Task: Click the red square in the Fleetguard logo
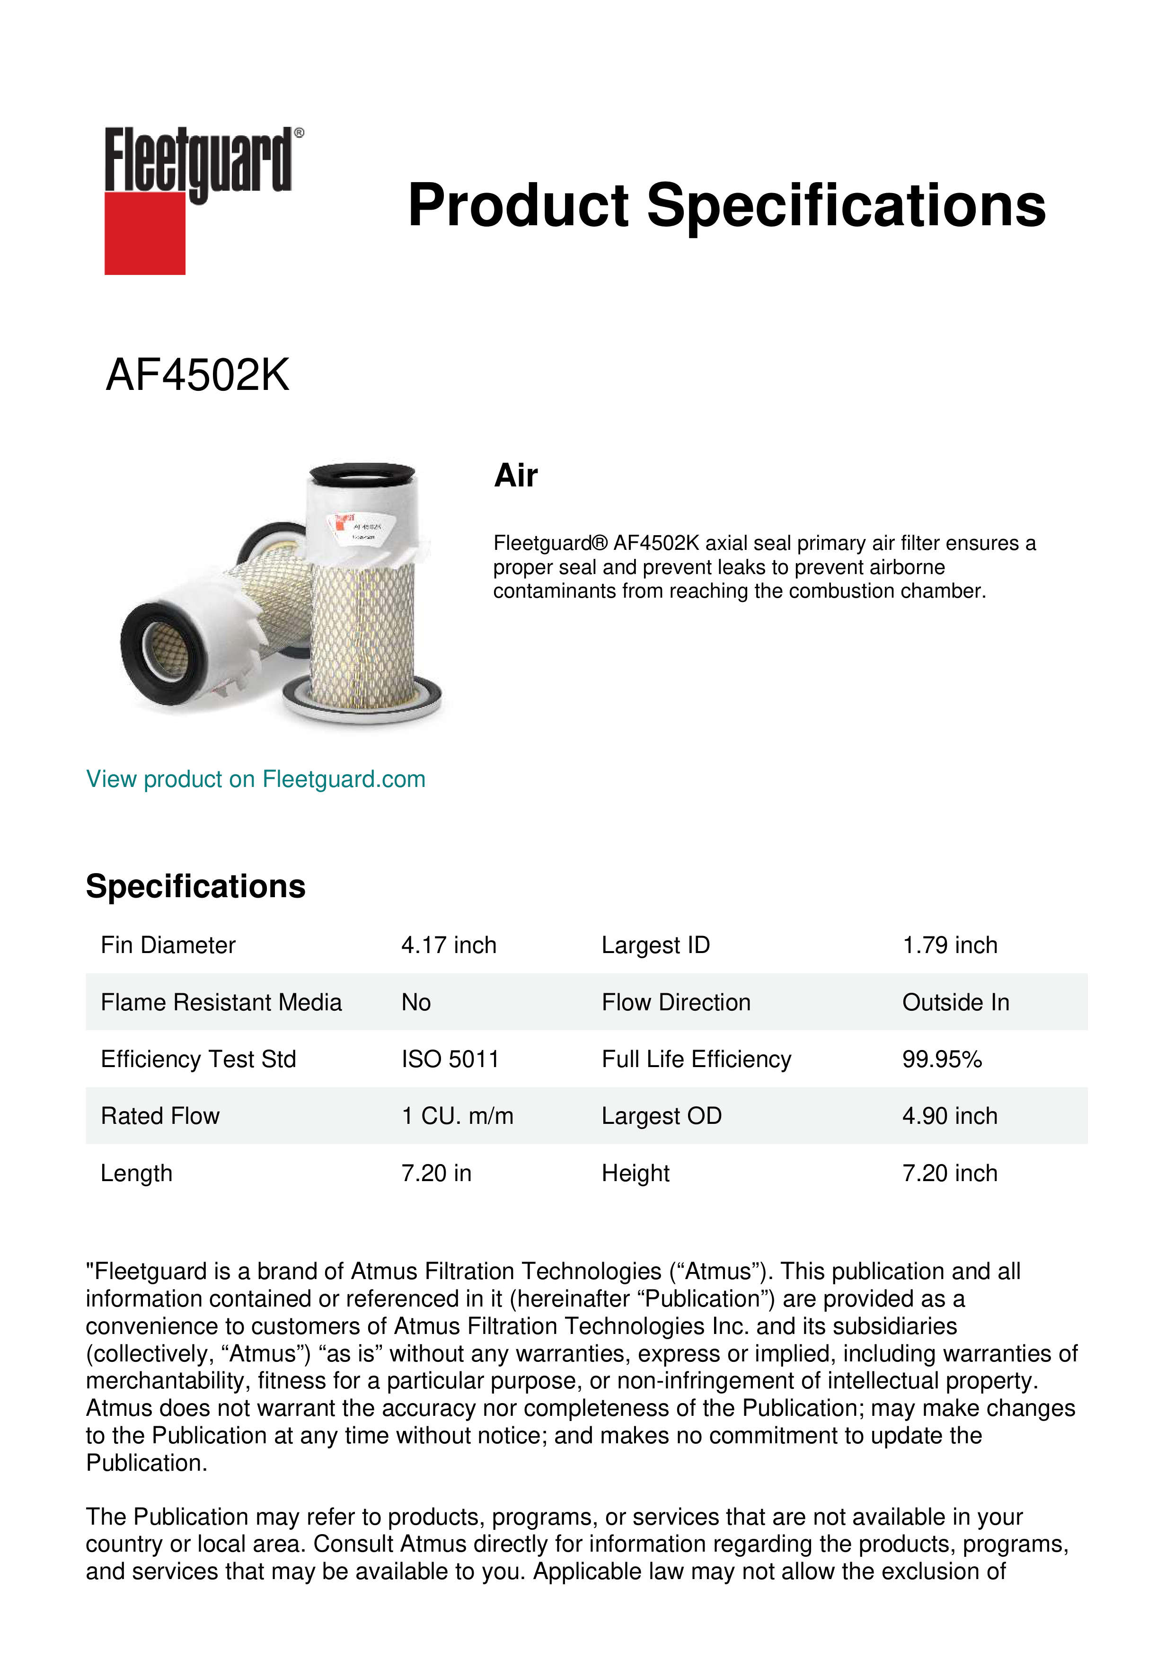point(145,233)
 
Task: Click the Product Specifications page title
point(726,205)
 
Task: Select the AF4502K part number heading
point(197,375)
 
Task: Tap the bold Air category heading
point(515,476)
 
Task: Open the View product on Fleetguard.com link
point(255,779)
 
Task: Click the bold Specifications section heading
point(195,886)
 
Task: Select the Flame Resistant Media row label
point(221,1002)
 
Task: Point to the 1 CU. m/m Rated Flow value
point(457,1116)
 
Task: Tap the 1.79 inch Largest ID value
point(949,945)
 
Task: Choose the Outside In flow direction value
point(955,1002)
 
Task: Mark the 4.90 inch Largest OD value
point(949,1116)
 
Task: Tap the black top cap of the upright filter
point(362,474)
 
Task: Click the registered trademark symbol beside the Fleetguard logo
point(299,133)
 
